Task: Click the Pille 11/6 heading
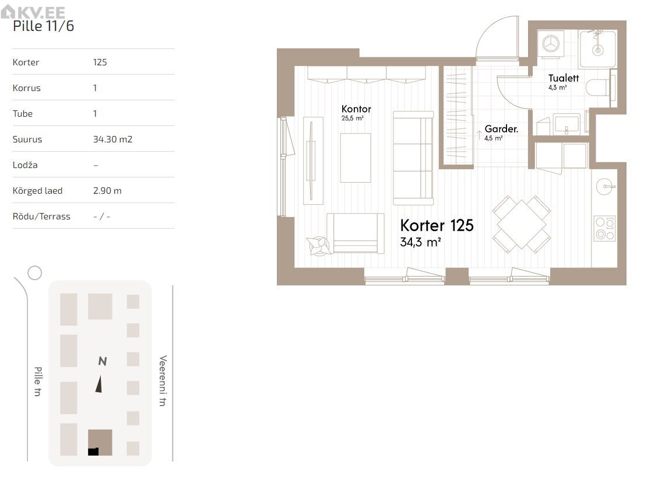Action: (43, 26)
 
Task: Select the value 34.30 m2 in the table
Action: (112, 139)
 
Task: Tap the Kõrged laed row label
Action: (37, 190)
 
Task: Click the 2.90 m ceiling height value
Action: (107, 190)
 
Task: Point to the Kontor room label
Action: (356, 109)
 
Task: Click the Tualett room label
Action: (563, 78)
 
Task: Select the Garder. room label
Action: (501, 128)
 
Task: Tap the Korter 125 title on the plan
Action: (437, 225)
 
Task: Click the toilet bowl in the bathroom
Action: (597, 88)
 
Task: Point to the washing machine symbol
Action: (551, 43)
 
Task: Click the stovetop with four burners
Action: (605, 229)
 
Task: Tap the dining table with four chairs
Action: (521, 224)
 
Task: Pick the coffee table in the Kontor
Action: (356, 158)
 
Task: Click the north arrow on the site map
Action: (99, 384)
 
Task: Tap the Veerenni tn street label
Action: (163, 381)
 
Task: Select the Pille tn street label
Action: (38, 381)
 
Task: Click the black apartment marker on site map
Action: (93, 452)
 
